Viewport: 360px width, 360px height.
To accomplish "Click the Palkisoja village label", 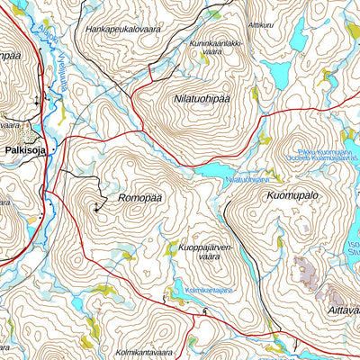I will point(28,151).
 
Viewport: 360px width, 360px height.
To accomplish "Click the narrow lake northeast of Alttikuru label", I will point(299,34).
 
